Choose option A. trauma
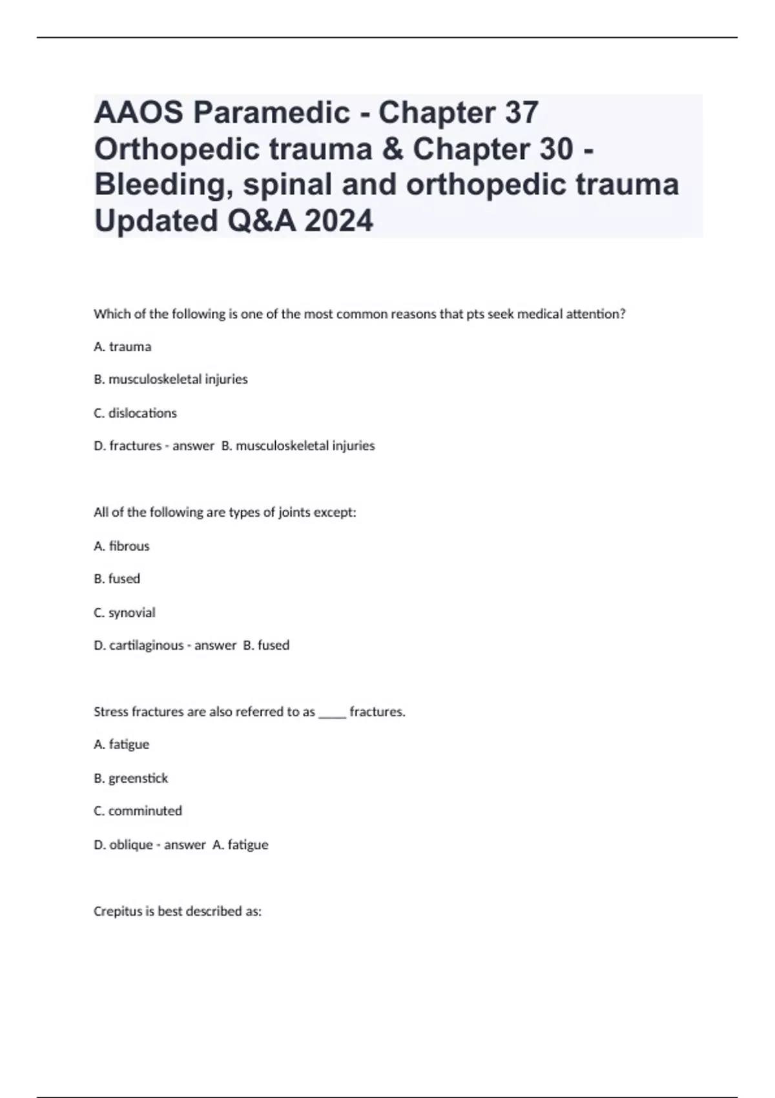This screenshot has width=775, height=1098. [123, 347]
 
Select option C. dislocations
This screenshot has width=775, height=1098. [135, 413]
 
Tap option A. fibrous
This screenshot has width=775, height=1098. [121, 546]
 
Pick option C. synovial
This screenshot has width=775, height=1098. [125, 612]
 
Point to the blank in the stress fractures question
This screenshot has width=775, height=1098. [333, 712]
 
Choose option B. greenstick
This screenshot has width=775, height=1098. [131, 778]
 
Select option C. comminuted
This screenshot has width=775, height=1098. [138, 811]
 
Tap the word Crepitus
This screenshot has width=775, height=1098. [117, 912]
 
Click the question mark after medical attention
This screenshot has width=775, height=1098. [623, 315]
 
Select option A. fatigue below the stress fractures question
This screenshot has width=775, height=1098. [121, 745]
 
